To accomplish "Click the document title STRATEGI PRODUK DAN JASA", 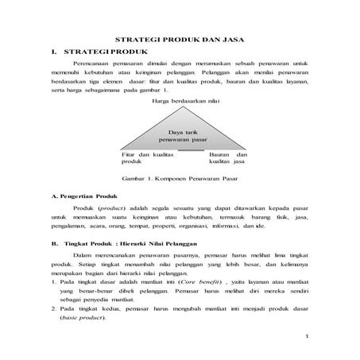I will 180,39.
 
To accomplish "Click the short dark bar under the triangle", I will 191,149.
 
